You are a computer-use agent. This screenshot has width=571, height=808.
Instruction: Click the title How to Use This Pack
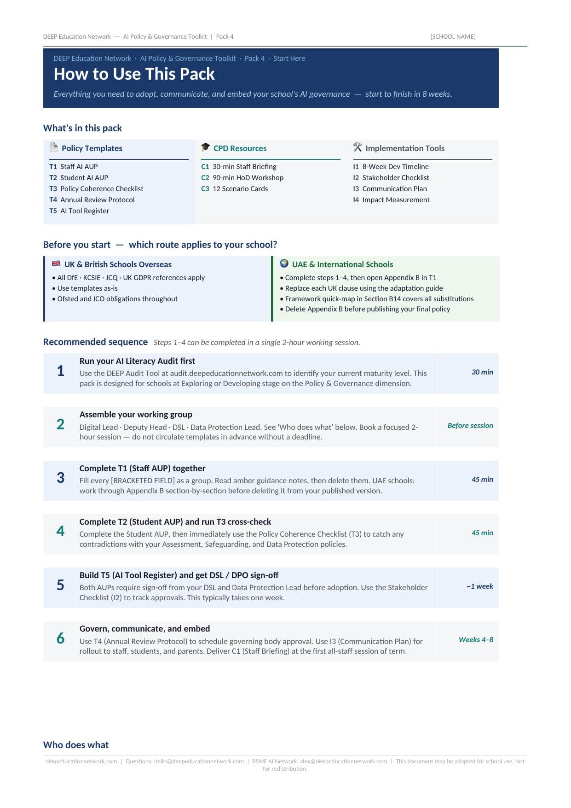click(x=134, y=74)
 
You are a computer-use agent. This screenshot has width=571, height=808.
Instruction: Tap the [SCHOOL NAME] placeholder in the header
click(x=453, y=37)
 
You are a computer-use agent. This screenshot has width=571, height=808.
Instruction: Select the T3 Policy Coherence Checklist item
click(x=97, y=189)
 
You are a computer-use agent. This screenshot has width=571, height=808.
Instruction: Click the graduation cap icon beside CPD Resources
click(x=205, y=147)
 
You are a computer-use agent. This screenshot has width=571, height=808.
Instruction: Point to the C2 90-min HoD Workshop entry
click(x=242, y=178)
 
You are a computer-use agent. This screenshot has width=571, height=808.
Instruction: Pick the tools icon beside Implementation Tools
click(x=358, y=147)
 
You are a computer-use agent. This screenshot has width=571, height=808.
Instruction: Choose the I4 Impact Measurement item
click(x=391, y=200)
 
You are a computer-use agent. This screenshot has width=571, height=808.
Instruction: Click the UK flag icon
click(x=56, y=264)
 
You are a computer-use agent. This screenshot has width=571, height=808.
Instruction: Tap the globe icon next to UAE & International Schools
click(x=284, y=263)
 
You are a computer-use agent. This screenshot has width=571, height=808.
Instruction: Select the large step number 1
click(x=60, y=371)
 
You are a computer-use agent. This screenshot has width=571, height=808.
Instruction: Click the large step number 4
click(x=60, y=532)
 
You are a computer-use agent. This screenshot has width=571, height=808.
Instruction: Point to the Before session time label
click(x=470, y=426)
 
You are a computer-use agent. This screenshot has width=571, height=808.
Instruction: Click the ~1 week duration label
click(x=479, y=586)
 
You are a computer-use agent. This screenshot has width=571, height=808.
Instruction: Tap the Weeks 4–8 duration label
click(x=476, y=640)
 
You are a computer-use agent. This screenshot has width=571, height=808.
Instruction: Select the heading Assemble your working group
click(x=136, y=415)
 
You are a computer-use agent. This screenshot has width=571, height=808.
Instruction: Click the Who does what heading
click(x=76, y=745)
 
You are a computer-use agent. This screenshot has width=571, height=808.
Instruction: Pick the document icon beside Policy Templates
click(x=54, y=147)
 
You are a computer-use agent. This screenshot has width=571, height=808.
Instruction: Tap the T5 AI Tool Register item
click(x=79, y=211)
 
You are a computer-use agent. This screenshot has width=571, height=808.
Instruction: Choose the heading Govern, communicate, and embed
click(x=144, y=629)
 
